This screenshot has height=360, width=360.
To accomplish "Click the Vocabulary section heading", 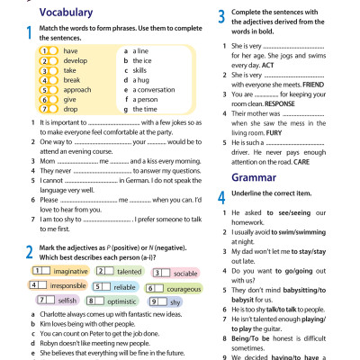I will click(x=67, y=13).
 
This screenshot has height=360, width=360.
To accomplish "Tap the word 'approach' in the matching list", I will click(x=76, y=90).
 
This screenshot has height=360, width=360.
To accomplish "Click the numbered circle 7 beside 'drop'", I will click(x=44, y=110).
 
